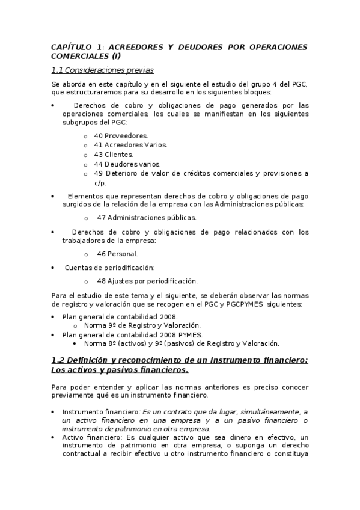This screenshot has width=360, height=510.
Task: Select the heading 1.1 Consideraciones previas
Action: coord(102,70)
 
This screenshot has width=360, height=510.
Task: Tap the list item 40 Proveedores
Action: coord(121,135)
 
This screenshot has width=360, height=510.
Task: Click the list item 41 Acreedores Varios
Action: coord(130,145)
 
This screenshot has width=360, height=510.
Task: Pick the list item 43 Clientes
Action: coord(114,155)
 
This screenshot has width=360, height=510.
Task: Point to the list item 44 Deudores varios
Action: coord(127,164)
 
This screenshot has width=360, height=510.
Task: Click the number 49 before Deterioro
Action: coord(99,173)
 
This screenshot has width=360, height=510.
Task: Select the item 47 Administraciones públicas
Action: coord(146,218)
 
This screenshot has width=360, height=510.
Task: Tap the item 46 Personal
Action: coord(117,254)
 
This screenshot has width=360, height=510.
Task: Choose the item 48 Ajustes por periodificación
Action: coord(147,281)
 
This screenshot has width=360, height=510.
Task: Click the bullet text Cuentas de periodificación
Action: coord(109,268)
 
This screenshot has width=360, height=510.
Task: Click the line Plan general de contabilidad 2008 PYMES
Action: coord(133,334)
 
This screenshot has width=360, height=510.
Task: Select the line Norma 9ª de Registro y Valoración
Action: coord(142,325)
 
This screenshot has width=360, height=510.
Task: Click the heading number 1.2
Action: coord(58,360)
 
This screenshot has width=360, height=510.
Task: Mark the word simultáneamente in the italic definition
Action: coord(249,412)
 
